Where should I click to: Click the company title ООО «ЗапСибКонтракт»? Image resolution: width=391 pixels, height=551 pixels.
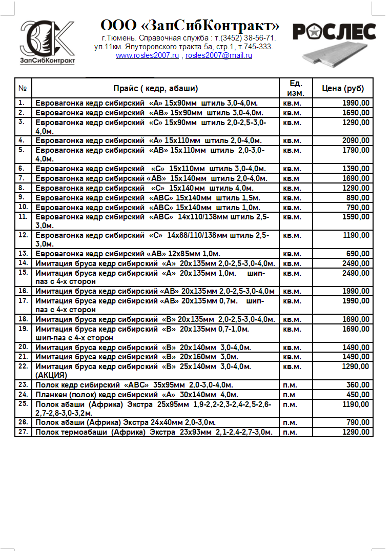[190, 26]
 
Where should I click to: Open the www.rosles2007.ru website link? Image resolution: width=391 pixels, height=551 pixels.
[147, 55]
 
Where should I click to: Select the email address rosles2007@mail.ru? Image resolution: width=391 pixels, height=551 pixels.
[219, 55]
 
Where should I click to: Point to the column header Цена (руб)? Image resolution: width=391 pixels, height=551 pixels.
[343, 88]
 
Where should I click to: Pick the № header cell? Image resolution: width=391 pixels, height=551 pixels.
[23, 88]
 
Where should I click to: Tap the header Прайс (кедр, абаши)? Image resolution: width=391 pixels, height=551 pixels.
[156, 88]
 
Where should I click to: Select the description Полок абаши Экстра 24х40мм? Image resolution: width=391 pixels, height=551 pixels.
[125, 422]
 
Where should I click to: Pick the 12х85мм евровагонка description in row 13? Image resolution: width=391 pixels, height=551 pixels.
[128, 254]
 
